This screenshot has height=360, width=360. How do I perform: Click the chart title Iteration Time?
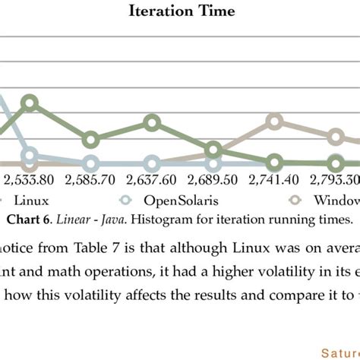[x=182, y=11]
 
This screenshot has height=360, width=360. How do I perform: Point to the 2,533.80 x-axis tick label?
[x=29, y=181]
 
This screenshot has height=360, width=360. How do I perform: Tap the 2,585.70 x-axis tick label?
[x=90, y=181]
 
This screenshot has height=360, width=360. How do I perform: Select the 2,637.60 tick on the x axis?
[x=152, y=181]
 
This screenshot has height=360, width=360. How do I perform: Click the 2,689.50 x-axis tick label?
[x=213, y=181]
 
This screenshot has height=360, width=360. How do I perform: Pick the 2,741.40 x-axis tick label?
[x=275, y=181]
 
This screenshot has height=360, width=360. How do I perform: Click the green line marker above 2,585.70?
[x=91, y=140]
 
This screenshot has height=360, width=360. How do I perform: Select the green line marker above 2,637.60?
[x=153, y=123]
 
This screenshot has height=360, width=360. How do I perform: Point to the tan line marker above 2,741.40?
[x=275, y=122]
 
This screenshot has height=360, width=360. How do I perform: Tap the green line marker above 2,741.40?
[x=275, y=162]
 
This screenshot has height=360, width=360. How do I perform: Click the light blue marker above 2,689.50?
[x=214, y=163]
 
